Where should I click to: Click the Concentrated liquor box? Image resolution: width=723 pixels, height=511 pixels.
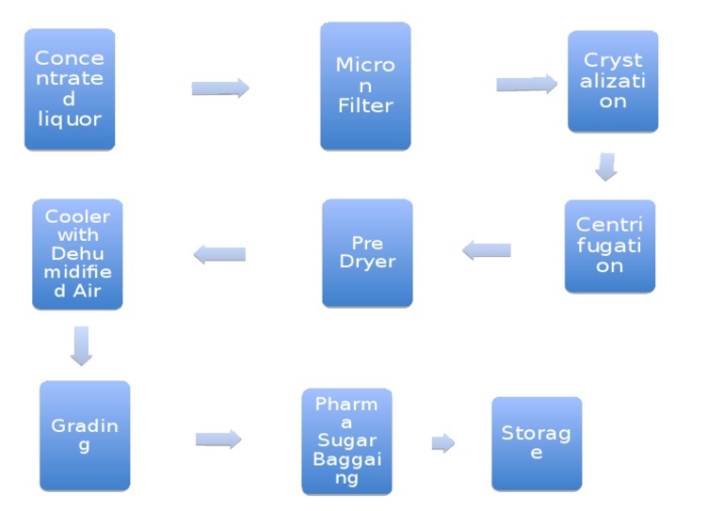(70, 89)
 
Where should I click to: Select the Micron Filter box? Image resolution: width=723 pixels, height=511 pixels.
(365, 87)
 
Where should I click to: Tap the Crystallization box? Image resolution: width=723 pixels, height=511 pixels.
(613, 81)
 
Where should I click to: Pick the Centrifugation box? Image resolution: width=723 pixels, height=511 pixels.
(610, 246)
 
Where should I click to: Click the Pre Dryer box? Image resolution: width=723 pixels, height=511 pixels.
(367, 252)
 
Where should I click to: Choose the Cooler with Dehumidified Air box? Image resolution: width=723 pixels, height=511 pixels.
(77, 254)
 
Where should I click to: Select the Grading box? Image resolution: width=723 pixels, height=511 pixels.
(85, 435)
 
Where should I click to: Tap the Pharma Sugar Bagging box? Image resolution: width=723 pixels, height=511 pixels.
(346, 441)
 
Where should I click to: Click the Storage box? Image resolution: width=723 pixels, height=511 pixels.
(537, 443)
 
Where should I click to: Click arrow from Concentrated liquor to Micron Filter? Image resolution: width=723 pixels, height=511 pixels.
(220, 88)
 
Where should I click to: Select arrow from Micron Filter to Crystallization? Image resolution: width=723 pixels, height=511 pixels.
(526, 85)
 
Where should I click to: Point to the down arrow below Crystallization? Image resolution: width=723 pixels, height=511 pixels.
(606, 167)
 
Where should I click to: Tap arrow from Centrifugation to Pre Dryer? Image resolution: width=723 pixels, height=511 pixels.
(487, 250)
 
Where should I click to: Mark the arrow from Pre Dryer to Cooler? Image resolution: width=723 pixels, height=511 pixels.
(219, 254)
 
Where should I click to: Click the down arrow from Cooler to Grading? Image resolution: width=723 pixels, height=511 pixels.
(82, 345)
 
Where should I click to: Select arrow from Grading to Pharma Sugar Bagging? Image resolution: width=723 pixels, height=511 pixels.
(218, 439)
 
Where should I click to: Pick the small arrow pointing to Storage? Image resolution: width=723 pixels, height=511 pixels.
(442, 443)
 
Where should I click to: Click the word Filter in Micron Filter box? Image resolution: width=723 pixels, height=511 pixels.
(365, 105)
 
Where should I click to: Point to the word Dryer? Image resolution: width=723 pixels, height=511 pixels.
(367, 262)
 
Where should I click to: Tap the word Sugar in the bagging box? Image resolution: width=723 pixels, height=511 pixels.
(346, 440)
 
